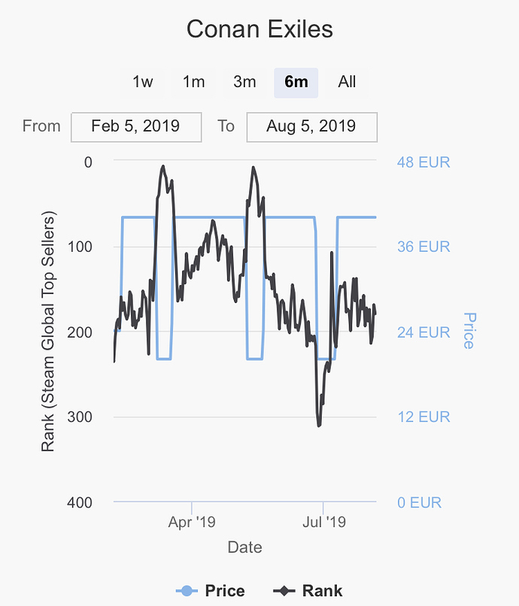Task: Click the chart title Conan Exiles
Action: tap(259, 30)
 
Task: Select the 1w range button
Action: tap(143, 82)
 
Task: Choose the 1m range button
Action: tap(194, 82)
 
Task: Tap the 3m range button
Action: tap(244, 82)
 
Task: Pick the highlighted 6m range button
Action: tap(296, 82)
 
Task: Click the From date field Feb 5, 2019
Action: tap(136, 126)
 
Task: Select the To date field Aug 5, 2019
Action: tap(311, 126)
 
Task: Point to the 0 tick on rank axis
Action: tap(88, 162)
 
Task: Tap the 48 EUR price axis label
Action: tap(423, 162)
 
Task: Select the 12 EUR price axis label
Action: tap(423, 417)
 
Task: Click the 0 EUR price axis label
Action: tap(420, 501)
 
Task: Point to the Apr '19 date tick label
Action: tap(191, 521)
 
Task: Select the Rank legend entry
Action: tap(308, 591)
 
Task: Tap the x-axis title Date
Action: tap(245, 547)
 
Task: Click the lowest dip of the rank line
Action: tap(319, 426)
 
